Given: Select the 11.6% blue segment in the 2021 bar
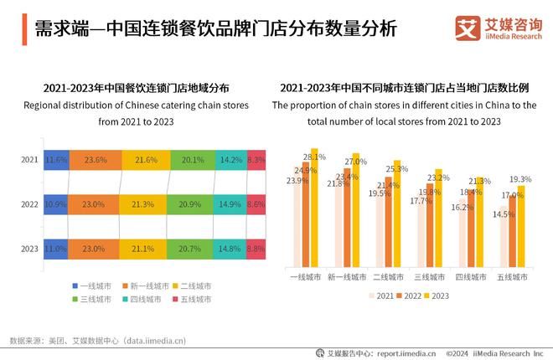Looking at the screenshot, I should point(56,160).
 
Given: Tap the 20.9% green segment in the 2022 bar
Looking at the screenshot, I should point(192,204).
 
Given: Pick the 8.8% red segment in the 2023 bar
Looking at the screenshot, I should point(256,249).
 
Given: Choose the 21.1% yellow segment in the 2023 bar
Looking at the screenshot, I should point(144,249).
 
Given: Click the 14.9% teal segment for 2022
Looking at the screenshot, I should point(230,204).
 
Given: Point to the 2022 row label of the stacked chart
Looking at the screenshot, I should point(29,204).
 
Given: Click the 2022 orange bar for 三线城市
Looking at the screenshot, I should point(430,226).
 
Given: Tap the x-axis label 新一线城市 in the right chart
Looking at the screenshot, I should point(345,277).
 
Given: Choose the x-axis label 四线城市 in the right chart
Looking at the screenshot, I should point(473,277).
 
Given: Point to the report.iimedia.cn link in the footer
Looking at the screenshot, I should point(406,353).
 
